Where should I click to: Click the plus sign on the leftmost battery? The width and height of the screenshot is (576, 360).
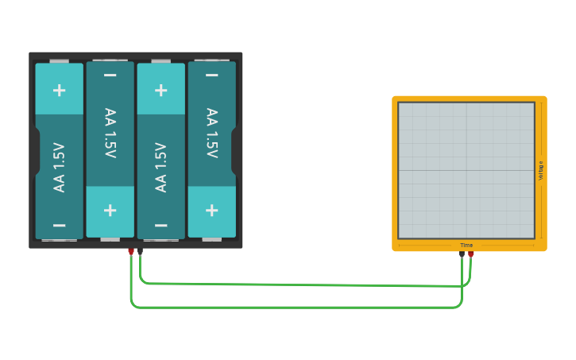coord(60,90)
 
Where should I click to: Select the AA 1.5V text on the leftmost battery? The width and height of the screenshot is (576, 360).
coord(60,167)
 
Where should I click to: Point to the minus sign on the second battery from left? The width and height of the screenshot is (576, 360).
coord(110,75)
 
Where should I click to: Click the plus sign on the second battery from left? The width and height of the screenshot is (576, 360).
coord(110,210)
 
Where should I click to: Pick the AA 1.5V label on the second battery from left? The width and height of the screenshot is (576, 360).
coord(110,133)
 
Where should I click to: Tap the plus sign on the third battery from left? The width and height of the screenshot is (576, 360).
coord(161,90)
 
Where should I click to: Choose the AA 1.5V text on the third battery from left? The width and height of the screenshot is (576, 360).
coord(161,167)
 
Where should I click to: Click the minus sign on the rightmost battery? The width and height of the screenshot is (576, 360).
coord(212,75)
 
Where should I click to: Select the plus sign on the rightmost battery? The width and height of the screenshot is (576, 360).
coord(212,210)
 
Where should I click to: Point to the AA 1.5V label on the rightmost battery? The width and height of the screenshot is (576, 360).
coord(212,133)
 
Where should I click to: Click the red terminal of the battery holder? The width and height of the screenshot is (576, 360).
coord(131,252)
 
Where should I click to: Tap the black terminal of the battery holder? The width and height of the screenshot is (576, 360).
coord(140,252)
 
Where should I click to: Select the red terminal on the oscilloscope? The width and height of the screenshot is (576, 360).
coord(470,254)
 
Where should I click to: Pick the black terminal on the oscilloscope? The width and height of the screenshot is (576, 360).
coord(462,254)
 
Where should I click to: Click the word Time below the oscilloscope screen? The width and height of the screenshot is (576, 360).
coord(466,246)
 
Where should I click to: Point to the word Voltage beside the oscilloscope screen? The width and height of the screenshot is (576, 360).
coord(541,170)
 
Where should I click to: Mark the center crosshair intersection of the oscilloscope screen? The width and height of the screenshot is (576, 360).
coord(466,170)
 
